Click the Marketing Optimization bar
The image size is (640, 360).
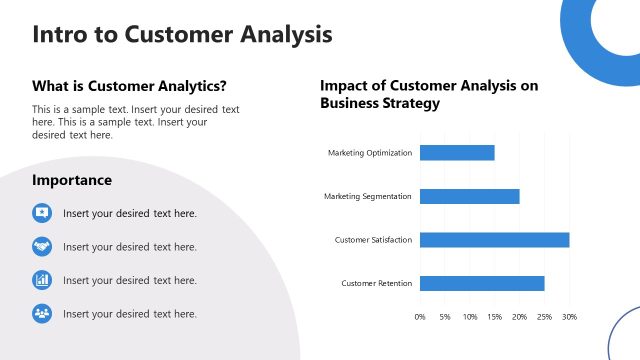[457, 153]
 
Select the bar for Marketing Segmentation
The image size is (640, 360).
[469, 196]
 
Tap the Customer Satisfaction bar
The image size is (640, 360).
[494, 240]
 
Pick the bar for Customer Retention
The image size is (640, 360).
[482, 283]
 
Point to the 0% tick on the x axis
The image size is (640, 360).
[420, 317]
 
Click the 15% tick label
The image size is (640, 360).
[494, 317]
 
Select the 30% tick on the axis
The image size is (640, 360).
[569, 317]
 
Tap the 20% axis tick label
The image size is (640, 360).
[519, 317]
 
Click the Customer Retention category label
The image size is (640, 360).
[376, 283]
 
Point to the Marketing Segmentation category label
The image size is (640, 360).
[367, 196]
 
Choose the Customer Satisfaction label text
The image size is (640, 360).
[372, 240]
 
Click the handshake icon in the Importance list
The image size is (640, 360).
[42, 246]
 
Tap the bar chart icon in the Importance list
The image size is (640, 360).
[42, 280]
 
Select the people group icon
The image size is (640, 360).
[42, 313]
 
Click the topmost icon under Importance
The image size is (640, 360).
[42, 213]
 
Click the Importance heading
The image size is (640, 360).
[72, 181]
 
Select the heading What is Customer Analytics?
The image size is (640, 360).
[129, 86]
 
